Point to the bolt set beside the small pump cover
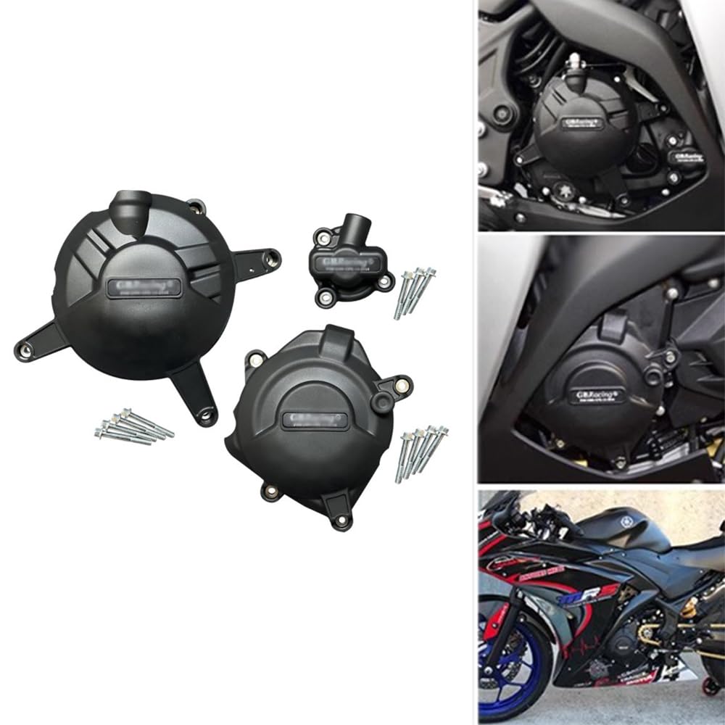click(x=415, y=291)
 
